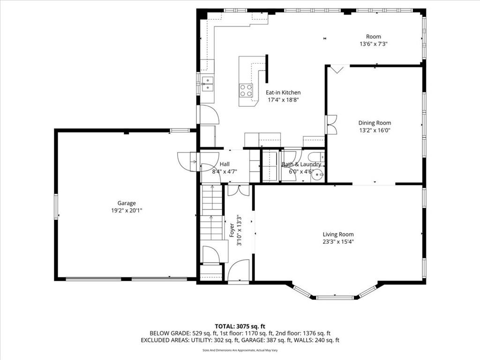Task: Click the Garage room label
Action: point(127,203)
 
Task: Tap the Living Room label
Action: point(338,234)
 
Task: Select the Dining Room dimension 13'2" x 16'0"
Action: point(375,130)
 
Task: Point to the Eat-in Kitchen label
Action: point(283,92)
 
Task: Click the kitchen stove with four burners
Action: point(246,90)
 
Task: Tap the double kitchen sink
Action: point(208,84)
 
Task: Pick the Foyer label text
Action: point(232,230)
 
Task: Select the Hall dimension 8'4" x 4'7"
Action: point(225,172)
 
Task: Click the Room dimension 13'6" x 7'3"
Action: point(374,44)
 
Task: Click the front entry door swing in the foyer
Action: point(239,270)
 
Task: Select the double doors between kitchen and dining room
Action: point(331,124)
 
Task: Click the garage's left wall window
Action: point(56,206)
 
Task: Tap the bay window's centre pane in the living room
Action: point(334,297)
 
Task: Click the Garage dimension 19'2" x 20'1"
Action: point(127,210)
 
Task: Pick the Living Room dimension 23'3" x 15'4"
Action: point(338,242)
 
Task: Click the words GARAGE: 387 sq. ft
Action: point(272,340)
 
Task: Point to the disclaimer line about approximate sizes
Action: point(240,350)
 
